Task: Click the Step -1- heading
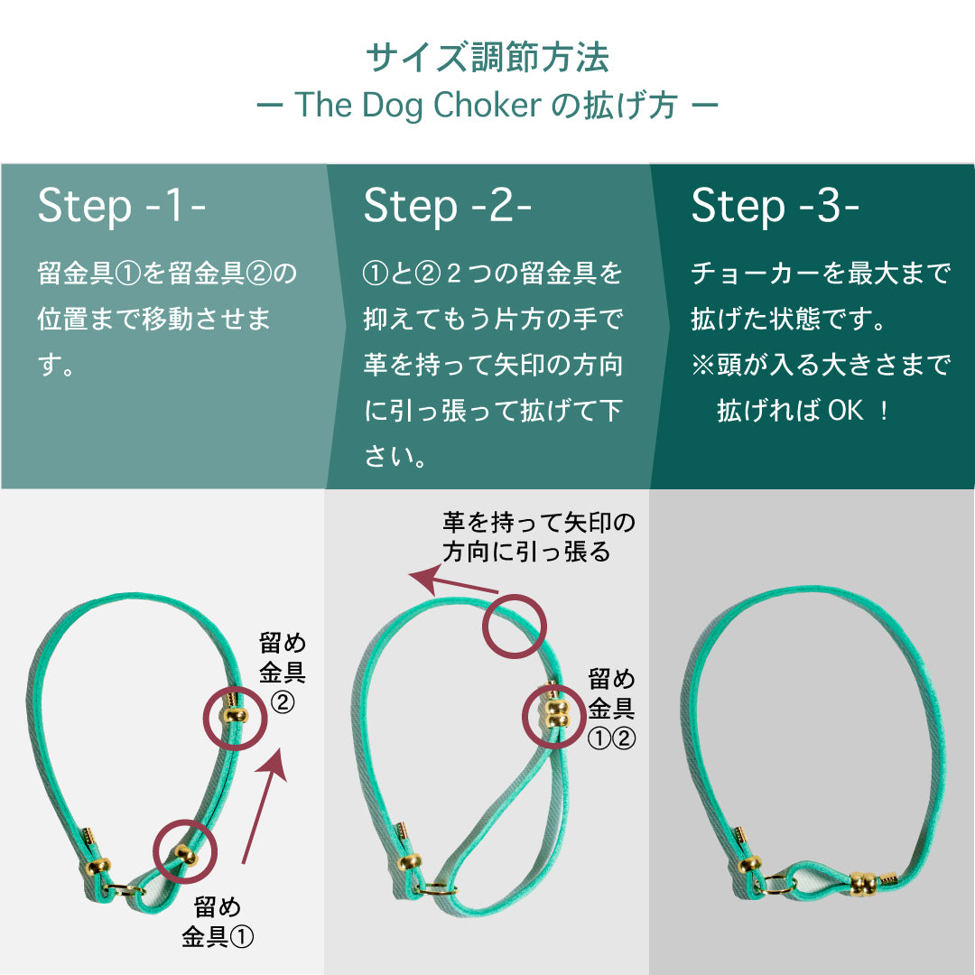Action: pos(121,206)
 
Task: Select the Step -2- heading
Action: pos(447,206)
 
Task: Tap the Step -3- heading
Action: pos(775,206)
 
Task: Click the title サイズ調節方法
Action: pos(487,58)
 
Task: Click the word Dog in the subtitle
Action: pos(388,106)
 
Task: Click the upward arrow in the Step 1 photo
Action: pos(265,805)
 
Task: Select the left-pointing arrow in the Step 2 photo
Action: pos(452,582)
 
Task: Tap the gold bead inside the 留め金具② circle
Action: pos(235,716)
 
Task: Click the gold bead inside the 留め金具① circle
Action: pos(185,855)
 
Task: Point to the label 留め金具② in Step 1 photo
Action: pos(283,673)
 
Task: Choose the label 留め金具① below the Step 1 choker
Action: pos(218,922)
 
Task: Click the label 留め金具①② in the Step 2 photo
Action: pos(612,709)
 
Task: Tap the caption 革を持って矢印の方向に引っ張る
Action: pos(538,537)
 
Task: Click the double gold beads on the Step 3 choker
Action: pos(864,883)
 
